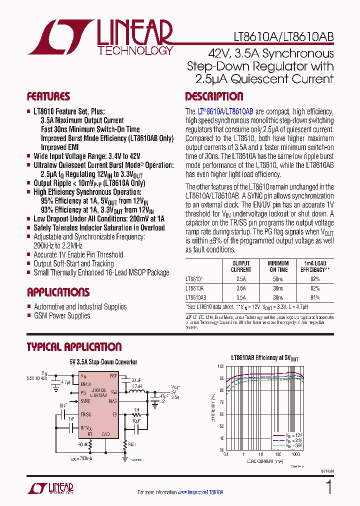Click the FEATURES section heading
tap(48, 96)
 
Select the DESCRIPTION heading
tap(214, 96)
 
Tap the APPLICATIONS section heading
tap(58, 292)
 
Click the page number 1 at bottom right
tap(328, 487)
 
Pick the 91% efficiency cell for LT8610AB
tap(315, 297)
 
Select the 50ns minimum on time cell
tap(278, 279)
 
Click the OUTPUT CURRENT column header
tap(241, 266)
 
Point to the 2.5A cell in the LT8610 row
tap(241, 279)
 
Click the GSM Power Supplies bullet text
tap(62, 315)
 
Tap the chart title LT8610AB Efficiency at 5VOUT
tap(264, 358)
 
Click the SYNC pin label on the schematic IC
tap(85, 401)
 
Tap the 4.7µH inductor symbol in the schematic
tap(136, 392)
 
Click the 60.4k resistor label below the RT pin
tap(82, 443)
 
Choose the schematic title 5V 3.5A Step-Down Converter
tap(103, 361)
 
